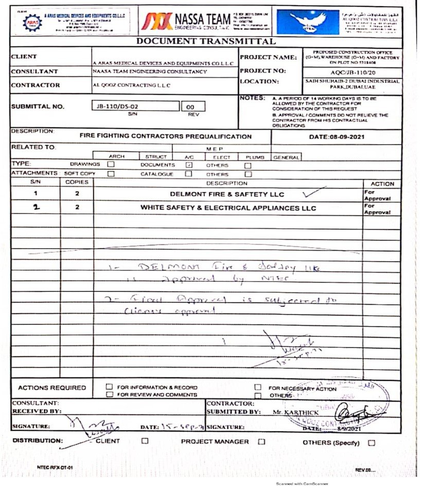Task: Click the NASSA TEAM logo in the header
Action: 186,21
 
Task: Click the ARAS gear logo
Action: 32,22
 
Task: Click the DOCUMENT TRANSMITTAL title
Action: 206,42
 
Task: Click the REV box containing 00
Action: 193,107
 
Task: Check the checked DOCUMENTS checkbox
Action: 188,165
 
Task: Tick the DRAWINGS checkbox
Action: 111,165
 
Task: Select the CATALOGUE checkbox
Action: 188,174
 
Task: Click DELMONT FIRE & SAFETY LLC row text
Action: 227,195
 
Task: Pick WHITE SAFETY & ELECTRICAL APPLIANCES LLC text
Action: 228,208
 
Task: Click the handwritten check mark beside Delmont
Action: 314,193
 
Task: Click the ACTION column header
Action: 382,184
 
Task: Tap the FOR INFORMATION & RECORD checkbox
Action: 109,387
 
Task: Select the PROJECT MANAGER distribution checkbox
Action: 261,442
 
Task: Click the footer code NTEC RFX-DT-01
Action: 51,467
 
